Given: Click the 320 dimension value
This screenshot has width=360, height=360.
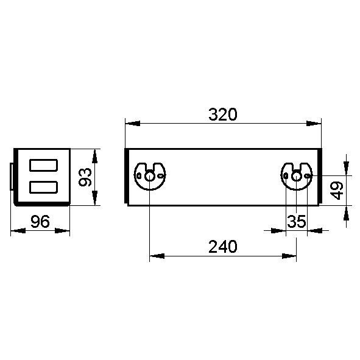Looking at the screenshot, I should pyautogui.click(x=222, y=114).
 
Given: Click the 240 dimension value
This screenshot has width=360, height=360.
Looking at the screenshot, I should pyautogui.click(x=222, y=247).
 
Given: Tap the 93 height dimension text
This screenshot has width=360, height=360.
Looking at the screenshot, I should pyautogui.click(x=86, y=177).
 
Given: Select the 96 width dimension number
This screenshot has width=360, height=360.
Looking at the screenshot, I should pyautogui.click(x=40, y=222).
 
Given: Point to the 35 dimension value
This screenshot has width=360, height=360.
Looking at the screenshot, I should pyautogui.click(x=296, y=222).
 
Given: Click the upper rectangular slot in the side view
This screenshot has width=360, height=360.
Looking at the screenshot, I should pyautogui.click(x=43, y=165).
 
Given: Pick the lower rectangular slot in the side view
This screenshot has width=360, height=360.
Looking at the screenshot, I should pyautogui.click(x=43, y=187).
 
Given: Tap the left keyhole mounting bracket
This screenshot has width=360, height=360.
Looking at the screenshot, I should pyautogui.click(x=150, y=175).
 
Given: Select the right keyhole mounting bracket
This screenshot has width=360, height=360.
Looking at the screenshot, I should pyautogui.click(x=297, y=175).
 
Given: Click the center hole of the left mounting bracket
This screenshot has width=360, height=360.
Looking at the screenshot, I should pyautogui.click(x=150, y=176).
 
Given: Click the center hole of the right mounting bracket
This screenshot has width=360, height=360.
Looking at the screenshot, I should pyautogui.click(x=297, y=176).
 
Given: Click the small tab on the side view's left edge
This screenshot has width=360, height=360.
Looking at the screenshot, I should pyautogui.click(x=12, y=177).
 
